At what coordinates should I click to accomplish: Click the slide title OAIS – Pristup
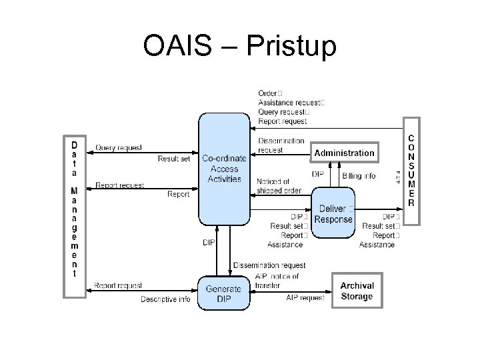coord(240,46)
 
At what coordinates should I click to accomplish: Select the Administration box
coord(344,153)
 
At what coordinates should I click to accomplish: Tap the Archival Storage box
coord(357,291)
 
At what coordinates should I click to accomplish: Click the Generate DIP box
coord(223,293)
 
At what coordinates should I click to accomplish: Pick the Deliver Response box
coord(334,215)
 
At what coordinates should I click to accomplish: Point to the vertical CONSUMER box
coord(411,170)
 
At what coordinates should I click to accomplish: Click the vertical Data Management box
coord(74,208)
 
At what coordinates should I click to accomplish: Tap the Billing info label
coord(359,176)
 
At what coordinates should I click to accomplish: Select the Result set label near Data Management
coord(174,159)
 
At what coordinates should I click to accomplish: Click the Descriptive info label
coord(165,299)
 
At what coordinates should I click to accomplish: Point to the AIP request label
coord(305,297)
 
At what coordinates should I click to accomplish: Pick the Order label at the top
coord(267,93)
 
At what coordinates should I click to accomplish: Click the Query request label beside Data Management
coord(119,147)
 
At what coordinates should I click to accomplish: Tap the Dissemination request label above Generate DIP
coord(269,265)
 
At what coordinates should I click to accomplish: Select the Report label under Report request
coord(178,195)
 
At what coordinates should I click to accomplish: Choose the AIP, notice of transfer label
coord(277,281)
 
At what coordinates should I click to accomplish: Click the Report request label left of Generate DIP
coord(118,285)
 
